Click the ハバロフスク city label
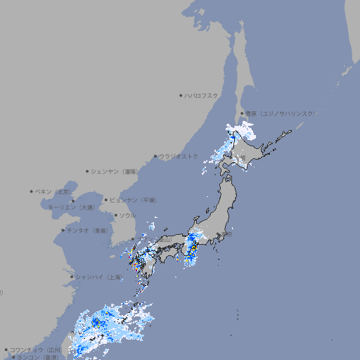202,95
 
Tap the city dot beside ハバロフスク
181,95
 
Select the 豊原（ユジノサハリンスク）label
281,113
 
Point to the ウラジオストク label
179,156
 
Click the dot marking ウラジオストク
155,157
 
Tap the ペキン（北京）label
55,191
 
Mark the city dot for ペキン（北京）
32,191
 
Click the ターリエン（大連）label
71,207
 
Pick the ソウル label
127,215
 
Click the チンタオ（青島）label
89,230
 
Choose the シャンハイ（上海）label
98,277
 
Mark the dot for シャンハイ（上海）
72,277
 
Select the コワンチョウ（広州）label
35,349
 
